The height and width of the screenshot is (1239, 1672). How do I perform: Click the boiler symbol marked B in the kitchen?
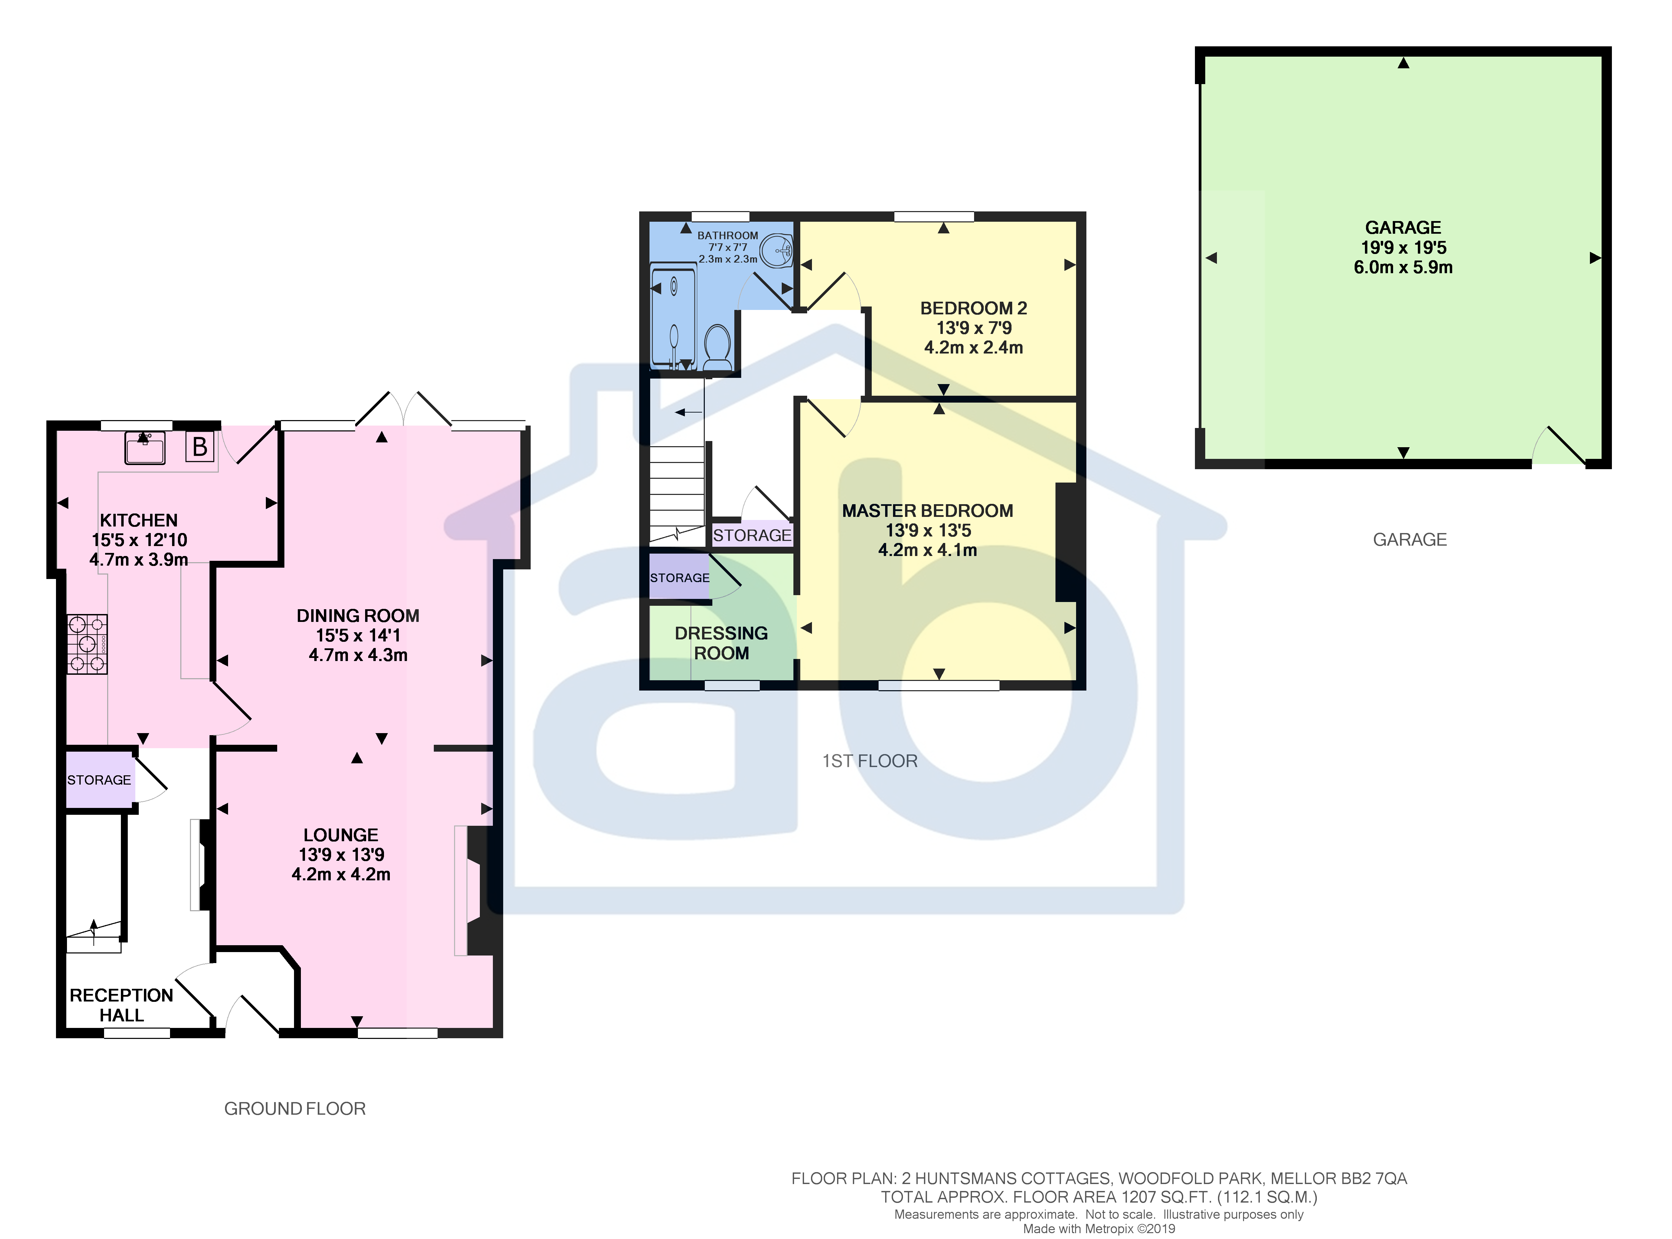(x=200, y=447)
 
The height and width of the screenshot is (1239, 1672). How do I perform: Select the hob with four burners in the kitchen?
(x=87, y=644)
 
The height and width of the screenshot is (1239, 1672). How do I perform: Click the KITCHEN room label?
(x=139, y=521)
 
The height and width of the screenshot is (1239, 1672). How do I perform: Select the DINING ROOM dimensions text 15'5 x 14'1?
(x=358, y=635)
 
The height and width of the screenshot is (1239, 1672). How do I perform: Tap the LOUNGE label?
(x=341, y=835)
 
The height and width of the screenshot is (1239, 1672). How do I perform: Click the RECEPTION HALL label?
(x=122, y=1005)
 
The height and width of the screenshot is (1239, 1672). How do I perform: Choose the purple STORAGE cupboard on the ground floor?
(x=99, y=780)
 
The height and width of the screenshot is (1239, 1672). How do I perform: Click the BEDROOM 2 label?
(x=973, y=308)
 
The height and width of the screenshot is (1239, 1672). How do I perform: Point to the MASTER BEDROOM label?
(x=928, y=511)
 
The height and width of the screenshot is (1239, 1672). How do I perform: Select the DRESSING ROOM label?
(x=721, y=643)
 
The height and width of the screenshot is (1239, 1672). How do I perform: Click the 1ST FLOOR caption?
(x=870, y=761)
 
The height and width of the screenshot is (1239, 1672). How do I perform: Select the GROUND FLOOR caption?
(x=295, y=1109)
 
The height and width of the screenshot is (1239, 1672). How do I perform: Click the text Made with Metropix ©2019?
(x=1099, y=1228)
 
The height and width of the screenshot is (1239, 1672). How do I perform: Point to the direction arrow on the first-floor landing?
(x=688, y=412)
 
